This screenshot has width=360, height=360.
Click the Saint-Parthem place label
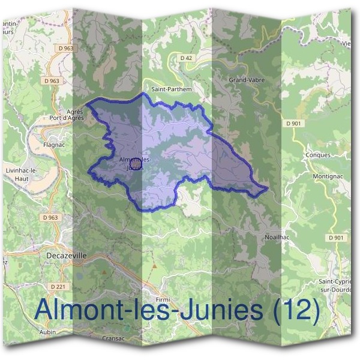pyautogui.click(x=172, y=89)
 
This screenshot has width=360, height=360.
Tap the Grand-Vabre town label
pyautogui.click(x=247, y=79)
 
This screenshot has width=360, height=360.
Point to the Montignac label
pyautogui.click(x=327, y=178)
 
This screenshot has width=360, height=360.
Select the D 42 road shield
pyautogui.click(x=187, y=58)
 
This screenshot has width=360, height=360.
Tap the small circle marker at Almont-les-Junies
pyautogui.click(x=136, y=162)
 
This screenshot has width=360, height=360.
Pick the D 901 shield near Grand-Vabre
pyautogui.click(x=293, y=123)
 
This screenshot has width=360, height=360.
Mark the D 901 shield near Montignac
pyautogui.click(x=337, y=238)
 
